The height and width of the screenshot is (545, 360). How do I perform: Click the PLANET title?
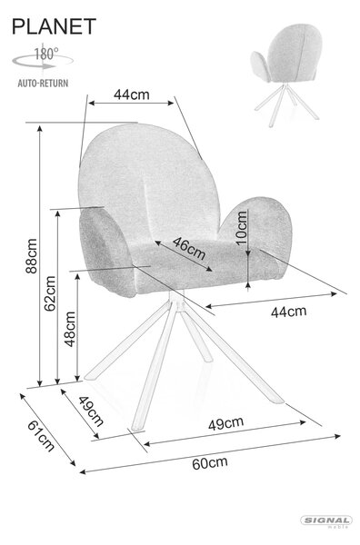click(x=54, y=26)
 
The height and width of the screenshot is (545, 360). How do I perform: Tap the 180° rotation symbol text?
click(x=46, y=54)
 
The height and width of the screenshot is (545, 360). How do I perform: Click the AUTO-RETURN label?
click(x=43, y=84)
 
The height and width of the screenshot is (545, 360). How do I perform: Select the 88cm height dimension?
click(x=31, y=256)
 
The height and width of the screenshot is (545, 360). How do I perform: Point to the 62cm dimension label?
click(x=50, y=293)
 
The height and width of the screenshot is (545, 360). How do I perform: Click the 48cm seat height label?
click(x=70, y=329)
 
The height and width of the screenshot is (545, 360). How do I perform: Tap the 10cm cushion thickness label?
click(x=241, y=228)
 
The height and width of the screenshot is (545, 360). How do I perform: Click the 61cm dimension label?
click(x=41, y=435)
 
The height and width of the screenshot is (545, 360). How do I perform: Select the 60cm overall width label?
click(x=210, y=463)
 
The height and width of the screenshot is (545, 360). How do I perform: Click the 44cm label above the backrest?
click(x=132, y=94)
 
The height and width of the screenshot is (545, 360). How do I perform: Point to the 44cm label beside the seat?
click(x=289, y=312)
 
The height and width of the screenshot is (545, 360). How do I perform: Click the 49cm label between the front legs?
click(x=225, y=423)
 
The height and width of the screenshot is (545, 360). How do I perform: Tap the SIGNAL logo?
click(x=326, y=520)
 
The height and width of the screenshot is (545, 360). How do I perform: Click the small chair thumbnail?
click(x=286, y=74)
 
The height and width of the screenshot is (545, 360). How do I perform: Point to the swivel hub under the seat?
click(x=177, y=302)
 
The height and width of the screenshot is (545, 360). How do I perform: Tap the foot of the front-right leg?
click(x=277, y=400)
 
